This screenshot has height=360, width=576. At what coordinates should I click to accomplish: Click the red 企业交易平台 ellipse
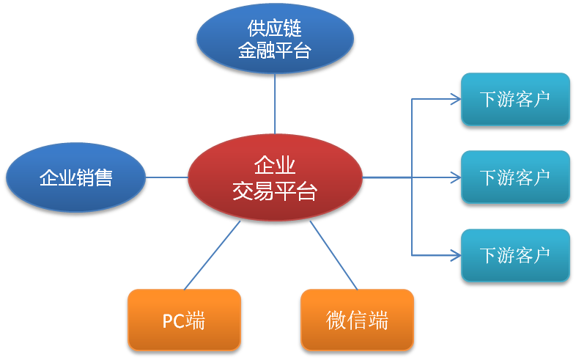[275, 177]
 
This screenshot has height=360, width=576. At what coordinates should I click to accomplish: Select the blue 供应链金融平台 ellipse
[275, 39]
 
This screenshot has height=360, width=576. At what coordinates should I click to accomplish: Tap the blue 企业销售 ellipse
[76, 177]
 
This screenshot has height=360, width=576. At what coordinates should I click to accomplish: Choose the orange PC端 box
[184, 320]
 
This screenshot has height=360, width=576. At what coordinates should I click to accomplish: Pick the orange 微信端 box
[357, 320]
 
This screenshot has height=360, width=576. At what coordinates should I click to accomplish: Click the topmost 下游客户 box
[515, 99]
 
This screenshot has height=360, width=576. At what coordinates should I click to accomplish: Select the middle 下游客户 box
[515, 177]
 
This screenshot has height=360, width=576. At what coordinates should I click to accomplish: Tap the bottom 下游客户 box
[515, 255]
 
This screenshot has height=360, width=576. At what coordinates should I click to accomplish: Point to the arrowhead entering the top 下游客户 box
[457, 99]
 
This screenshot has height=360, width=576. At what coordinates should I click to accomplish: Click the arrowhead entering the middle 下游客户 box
[457, 177]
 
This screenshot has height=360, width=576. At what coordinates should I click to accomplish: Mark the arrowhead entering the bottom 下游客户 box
[457, 255]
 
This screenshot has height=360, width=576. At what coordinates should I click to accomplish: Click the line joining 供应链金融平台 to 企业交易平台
[275, 103]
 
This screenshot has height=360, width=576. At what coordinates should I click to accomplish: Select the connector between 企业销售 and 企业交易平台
[167, 177]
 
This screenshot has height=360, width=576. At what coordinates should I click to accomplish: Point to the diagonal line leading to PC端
[212, 255]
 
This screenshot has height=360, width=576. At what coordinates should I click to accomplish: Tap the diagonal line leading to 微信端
[333, 255]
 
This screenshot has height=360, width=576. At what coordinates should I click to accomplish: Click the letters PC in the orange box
[174, 320]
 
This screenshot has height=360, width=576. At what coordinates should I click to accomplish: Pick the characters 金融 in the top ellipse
[256, 51]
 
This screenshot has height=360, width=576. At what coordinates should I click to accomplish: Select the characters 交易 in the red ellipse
[254, 191]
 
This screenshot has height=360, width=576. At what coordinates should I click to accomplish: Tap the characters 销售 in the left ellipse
[95, 177]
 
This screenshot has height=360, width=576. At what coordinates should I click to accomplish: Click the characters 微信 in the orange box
[347, 320]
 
